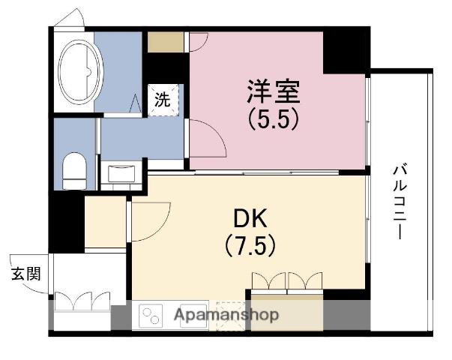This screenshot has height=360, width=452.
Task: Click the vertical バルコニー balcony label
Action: (400, 202)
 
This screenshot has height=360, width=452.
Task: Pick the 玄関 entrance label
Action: (26, 273)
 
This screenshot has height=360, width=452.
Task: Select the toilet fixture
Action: (74, 171)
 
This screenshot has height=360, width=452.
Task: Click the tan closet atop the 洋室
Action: (164, 42)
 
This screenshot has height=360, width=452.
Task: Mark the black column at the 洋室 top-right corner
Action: (345, 51)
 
